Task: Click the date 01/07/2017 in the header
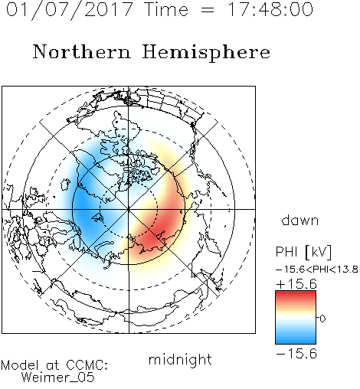pos(70,10)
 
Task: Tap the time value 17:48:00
pos(270,9)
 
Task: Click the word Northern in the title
pos(81,51)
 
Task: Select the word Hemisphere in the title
pos(206,53)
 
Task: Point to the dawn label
pos(300,220)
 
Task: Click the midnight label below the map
pos(180,360)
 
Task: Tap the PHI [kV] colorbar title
pos(303,252)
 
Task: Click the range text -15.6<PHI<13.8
pos(317,270)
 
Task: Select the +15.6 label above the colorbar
pos(296,284)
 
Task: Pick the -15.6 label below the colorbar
pos(296,354)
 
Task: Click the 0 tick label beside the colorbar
pos(322,319)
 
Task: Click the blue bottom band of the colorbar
pos(296,340)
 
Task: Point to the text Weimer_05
pos(58,378)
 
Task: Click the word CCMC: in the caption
pos(87,365)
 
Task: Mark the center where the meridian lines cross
pos(129,210)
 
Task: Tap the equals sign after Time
pos(207,10)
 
